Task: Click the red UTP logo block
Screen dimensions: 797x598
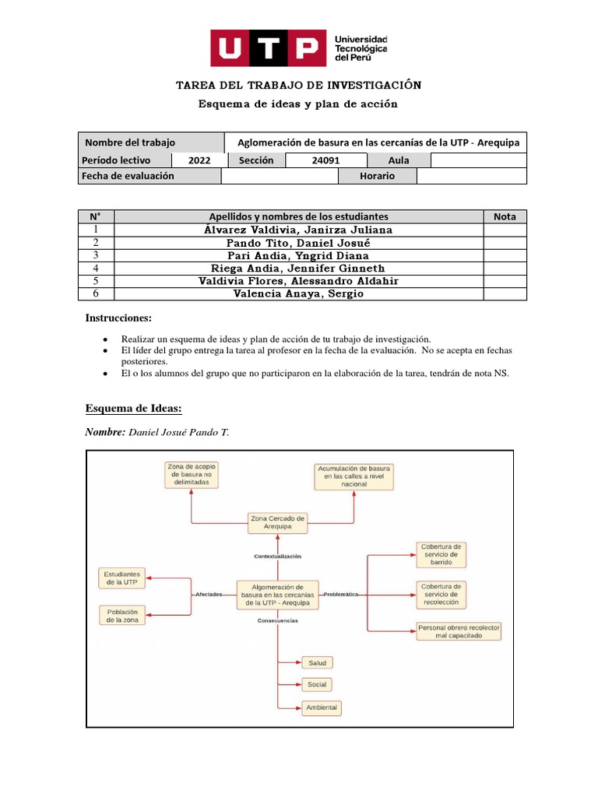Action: click(268, 48)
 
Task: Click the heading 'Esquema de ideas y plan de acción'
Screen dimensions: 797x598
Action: click(298, 104)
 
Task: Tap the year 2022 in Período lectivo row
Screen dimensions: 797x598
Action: click(199, 160)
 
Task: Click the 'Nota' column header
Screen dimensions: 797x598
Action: click(505, 216)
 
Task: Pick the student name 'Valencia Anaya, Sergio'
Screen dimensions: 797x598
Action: click(298, 293)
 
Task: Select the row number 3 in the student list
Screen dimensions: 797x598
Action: click(96, 255)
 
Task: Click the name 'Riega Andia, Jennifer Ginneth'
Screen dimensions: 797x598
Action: click(298, 268)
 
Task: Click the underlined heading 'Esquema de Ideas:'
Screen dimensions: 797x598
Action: click(133, 409)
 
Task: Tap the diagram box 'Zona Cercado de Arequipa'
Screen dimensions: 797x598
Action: click(278, 522)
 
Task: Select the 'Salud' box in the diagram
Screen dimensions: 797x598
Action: click(317, 662)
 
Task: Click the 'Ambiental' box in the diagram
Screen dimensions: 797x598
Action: click(321, 707)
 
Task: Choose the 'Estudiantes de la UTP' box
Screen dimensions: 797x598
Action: click(122, 578)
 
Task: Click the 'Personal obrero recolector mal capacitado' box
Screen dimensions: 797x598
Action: click(459, 631)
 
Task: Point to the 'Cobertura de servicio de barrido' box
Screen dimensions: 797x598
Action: click(441, 553)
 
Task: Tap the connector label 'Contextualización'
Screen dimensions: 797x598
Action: click(277, 556)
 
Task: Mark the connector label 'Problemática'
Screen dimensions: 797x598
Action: click(340, 594)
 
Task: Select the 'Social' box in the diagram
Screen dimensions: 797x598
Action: click(317, 684)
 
